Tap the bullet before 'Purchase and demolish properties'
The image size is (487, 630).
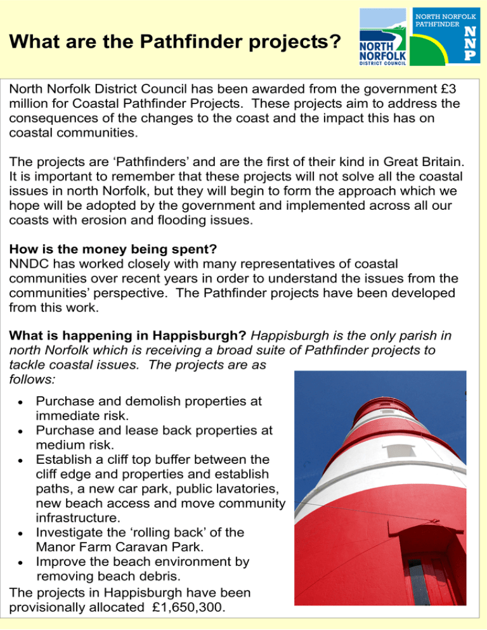22,402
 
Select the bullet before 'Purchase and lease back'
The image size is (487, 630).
22,431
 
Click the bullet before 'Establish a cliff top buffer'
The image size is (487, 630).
22,460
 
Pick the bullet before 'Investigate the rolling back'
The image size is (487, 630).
22,533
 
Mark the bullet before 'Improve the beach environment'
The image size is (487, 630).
22,563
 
